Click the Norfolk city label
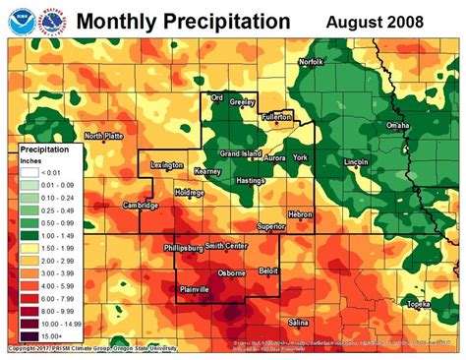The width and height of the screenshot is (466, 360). point(311,62)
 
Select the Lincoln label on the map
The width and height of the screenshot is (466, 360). point(356,161)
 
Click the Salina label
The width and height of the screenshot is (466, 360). point(299,322)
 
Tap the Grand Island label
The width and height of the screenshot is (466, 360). point(240,154)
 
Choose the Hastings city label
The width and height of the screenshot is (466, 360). point(252,181)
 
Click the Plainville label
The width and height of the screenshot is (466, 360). point(199,287)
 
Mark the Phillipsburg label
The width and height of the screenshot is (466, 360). point(184,248)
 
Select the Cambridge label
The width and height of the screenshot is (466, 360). point(141,206)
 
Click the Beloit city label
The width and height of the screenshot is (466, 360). point(267,270)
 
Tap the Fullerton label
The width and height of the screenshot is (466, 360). point(278,116)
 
